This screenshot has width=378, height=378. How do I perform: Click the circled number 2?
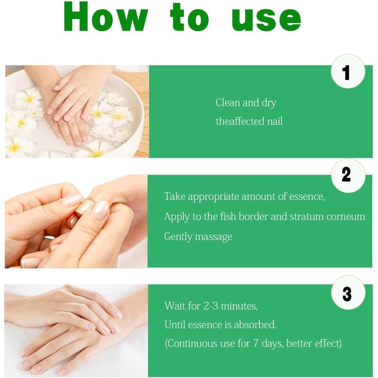tap(346, 175)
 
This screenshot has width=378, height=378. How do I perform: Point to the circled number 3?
tap(347, 294)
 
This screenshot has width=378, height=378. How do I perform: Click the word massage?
tap(215, 236)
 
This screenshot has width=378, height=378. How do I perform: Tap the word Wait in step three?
tap(174, 306)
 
